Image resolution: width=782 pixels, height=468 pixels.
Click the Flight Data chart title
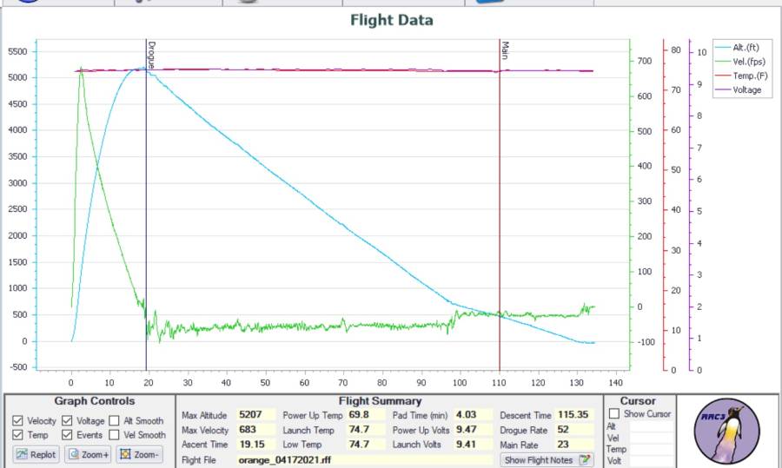pyautogui.click(x=391, y=20)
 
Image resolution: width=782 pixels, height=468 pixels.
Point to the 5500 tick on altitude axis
pyautogui.click(x=18, y=51)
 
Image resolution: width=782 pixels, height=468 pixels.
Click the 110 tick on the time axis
pyautogui.click(x=499, y=383)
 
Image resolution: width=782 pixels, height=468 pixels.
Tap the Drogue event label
pyautogui.click(x=151, y=55)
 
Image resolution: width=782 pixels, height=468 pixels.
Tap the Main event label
pyautogui.click(x=505, y=50)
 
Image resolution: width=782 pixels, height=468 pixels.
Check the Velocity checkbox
pyautogui.click(x=18, y=421)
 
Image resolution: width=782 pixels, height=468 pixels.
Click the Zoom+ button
pyautogui.click(x=88, y=454)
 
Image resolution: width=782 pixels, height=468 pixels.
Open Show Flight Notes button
pyautogui.click(x=547, y=460)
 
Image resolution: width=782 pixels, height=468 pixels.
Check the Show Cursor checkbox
pyautogui.click(x=615, y=414)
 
